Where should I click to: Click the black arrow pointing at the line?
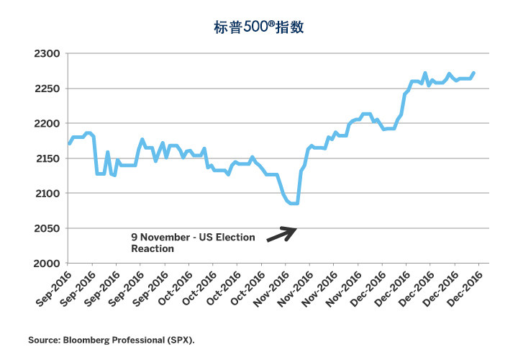point(281,234)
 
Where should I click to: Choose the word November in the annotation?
point(165,237)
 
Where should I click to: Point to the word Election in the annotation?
point(234,237)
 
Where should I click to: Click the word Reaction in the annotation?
point(152,248)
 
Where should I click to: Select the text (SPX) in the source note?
point(181,338)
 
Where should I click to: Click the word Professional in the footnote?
point(142,338)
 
